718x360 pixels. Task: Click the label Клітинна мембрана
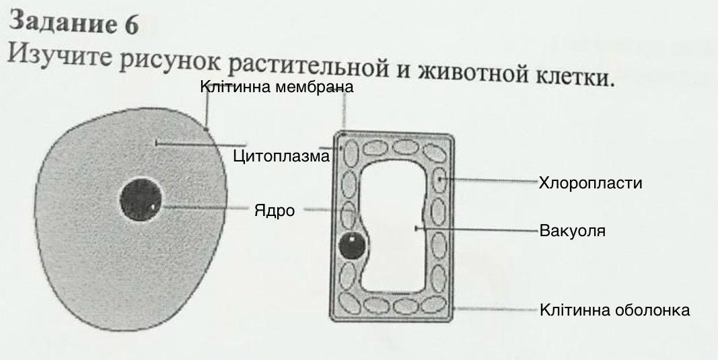click(277, 87)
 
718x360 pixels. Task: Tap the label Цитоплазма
click(281, 157)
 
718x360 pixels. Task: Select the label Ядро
click(275, 211)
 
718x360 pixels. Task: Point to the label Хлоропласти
click(590, 183)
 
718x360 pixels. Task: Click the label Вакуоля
click(573, 231)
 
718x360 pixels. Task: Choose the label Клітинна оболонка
click(614, 310)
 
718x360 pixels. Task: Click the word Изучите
click(61, 55)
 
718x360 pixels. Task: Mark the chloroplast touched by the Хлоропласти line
click(439, 180)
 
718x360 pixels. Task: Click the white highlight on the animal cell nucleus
click(153, 206)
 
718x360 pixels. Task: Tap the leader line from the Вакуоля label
click(478, 230)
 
